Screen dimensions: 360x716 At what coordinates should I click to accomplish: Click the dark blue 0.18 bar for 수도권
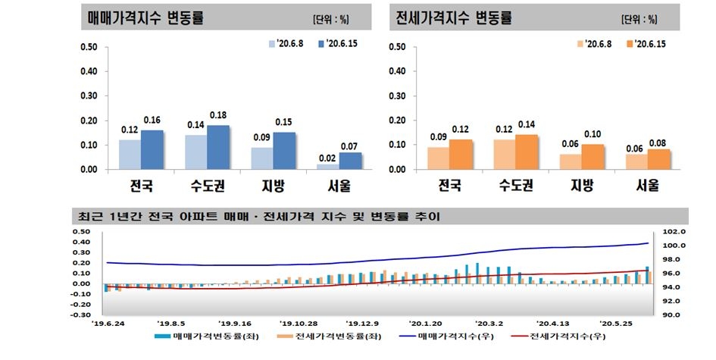218,147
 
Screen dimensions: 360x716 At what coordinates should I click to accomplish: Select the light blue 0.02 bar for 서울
328,166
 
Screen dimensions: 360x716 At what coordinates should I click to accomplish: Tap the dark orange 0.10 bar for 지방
593,156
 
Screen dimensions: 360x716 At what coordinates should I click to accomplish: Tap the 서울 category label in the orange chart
649,184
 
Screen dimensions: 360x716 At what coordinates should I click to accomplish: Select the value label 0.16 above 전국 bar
152,121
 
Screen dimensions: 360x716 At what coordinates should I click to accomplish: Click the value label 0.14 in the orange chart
526,125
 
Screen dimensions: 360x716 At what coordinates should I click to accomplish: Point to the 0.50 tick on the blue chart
89,47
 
